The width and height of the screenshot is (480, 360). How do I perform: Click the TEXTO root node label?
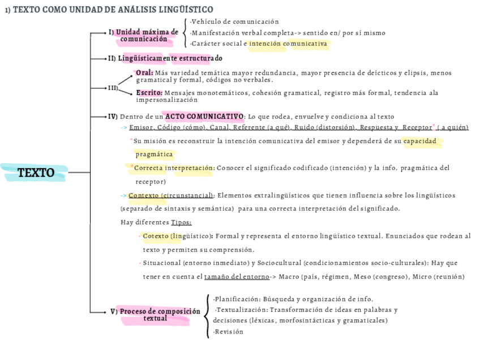36,173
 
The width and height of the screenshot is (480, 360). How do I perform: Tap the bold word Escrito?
149,93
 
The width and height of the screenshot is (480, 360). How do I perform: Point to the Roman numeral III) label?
113,88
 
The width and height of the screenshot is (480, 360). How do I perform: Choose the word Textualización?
241,310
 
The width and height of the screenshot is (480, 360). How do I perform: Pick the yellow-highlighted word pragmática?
154,154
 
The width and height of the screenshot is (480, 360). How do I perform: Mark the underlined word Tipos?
181,222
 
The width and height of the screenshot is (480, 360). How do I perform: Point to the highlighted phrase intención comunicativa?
288,43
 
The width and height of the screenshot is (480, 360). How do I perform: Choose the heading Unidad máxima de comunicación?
147,36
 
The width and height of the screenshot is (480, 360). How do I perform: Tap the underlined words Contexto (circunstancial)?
171,195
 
